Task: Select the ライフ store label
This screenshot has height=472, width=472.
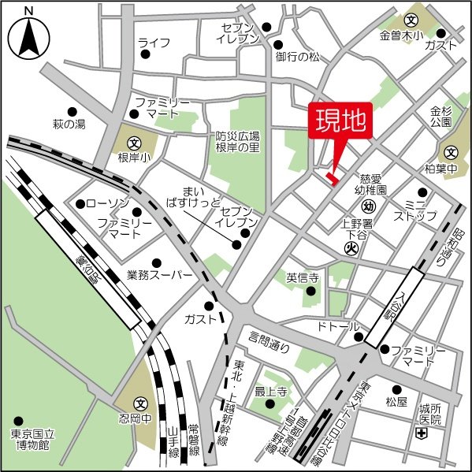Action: pos(154,42)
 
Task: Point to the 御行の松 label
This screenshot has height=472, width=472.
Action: pos(298,57)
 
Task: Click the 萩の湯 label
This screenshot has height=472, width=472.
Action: pos(69,124)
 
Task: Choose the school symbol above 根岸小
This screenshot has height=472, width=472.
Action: pos(134,144)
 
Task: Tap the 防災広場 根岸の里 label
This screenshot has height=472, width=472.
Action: pos(238,141)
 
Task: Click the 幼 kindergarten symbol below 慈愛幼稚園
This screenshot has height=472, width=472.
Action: pos(369,206)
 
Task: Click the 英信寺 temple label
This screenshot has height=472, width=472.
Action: pos(301,277)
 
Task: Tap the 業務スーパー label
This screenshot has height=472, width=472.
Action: pos(159,275)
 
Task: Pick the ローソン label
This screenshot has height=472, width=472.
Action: pos(101,204)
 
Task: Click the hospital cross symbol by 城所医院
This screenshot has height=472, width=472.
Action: pos(422,433)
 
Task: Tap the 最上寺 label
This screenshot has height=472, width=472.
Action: pos(269,391)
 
